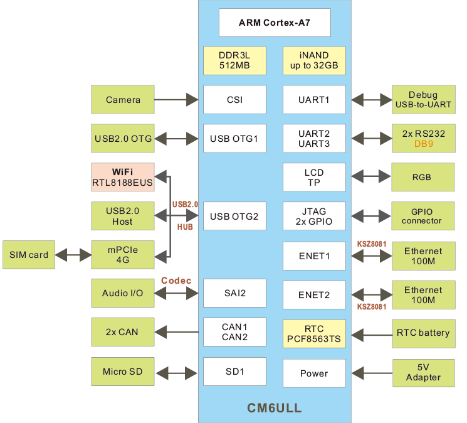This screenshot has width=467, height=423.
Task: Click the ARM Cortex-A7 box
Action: coord(275,23)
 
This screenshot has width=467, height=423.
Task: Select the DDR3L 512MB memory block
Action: coord(234,60)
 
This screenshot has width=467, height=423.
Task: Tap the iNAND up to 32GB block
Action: coord(314,60)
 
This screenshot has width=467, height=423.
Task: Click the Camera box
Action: coord(123,100)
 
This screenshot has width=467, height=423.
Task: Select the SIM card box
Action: coord(29,255)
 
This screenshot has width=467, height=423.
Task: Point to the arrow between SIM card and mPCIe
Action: coord(74,255)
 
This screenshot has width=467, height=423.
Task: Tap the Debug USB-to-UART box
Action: coord(423,100)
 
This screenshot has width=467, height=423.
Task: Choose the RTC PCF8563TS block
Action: coord(314,334)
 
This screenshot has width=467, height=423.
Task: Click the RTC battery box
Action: coord(423,333)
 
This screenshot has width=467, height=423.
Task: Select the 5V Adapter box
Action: coord(423,373)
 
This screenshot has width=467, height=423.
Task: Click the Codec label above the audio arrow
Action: coord(176,281)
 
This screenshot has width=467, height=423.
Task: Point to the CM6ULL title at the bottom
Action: coord(275,409)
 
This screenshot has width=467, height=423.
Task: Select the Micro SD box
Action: coord(123,372)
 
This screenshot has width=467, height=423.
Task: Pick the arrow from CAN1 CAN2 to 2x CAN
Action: coord(178,332)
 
